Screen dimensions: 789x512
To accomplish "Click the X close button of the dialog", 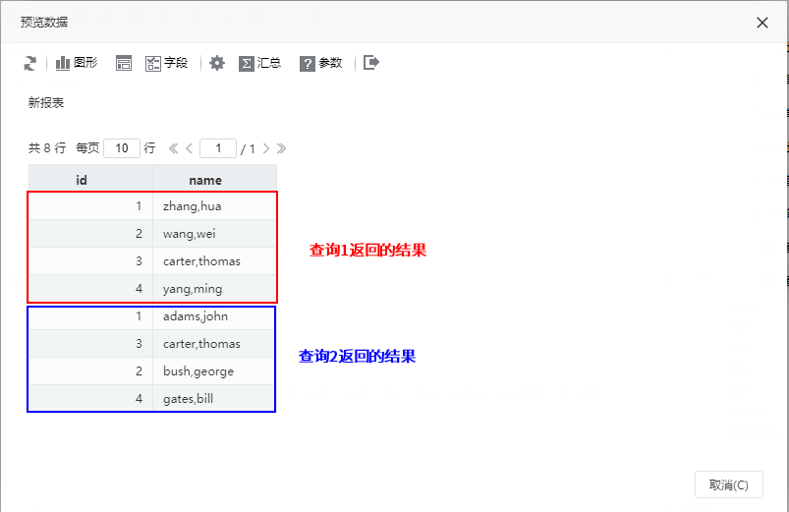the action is point(761,23).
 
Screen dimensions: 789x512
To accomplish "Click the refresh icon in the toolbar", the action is point(30,63).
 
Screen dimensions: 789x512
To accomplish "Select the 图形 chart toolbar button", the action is point(77,63).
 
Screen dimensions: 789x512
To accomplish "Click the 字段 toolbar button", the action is point(167,63).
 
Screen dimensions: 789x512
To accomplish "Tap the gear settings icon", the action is point(217,63).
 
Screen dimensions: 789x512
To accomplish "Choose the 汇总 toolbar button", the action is point(259,63).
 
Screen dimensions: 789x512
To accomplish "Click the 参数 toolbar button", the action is point(321,63).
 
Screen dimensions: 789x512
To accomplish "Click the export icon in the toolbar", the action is point(371,63).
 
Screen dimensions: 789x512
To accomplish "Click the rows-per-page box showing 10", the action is point(122,148).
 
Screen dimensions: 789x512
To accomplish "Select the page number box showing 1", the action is point(218,148).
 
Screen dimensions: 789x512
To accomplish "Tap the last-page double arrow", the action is point(281,148).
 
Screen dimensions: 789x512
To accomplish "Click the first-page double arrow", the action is point(173,148).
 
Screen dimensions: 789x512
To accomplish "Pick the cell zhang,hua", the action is point(215,206).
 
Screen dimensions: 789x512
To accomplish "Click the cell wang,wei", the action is point(215,234).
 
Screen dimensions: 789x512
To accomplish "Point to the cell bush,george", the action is point(214,371).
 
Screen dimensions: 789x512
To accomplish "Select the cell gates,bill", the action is point(214,399).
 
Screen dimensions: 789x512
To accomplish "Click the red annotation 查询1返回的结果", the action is point(367,250).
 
